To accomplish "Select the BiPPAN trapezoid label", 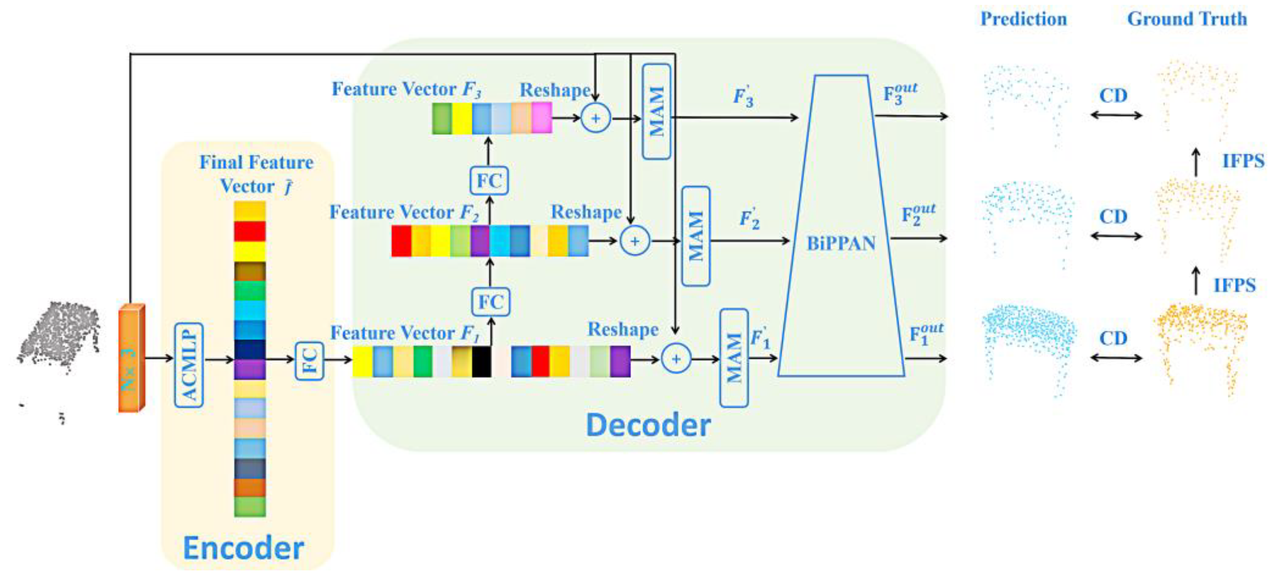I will click(841, 243).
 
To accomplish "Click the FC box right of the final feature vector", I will click(309, 361).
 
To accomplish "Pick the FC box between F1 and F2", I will click(490, 302).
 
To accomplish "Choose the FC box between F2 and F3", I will click(489, 180).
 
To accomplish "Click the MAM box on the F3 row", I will click(656, 111).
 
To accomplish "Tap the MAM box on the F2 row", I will click(695, 236).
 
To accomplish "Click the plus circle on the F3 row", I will click(595, 118).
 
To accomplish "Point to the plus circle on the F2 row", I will click(634, 241).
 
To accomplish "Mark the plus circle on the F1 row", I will click(676, 359).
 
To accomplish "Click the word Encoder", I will click(243, 548).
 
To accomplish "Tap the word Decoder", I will click(648, 425).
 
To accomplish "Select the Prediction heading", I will click(1023, 19).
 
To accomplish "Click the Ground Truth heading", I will click(1187, 19).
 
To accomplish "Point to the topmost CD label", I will click(1113, 95).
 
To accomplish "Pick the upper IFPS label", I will click(1243, 160).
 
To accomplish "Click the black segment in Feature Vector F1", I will click(481, 362).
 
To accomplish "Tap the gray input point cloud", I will click(59, 337).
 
